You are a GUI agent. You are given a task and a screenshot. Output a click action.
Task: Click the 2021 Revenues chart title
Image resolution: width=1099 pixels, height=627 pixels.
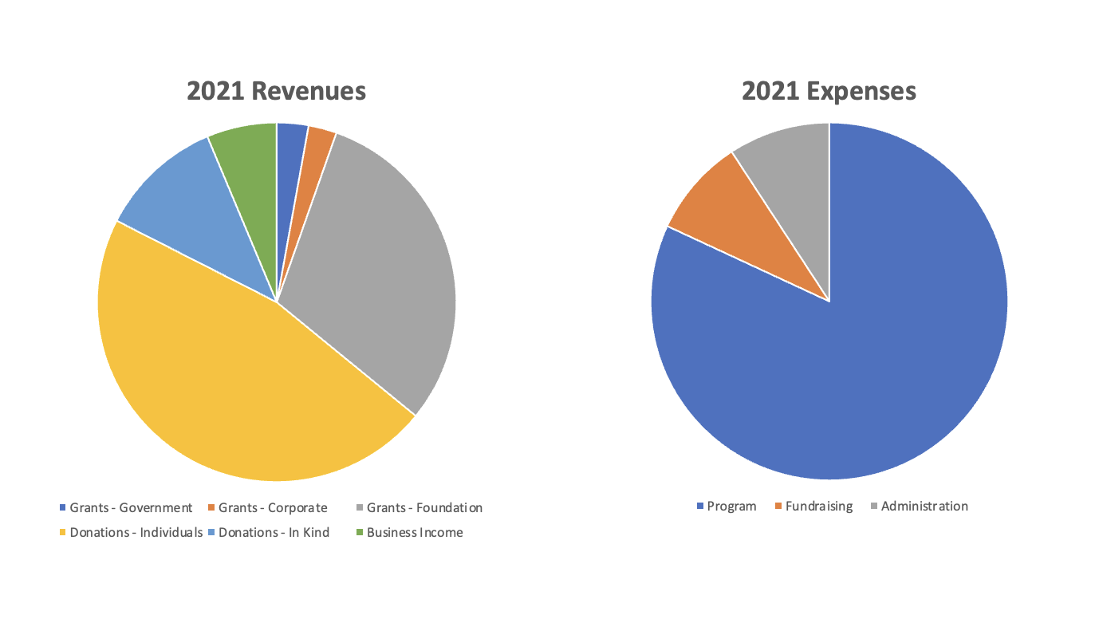click(276, 91)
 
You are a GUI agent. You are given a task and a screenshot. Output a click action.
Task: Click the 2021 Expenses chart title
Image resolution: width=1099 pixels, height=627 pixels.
click(829, 91)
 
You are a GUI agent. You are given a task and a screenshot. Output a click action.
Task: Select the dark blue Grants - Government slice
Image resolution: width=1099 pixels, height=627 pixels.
click(290, 160)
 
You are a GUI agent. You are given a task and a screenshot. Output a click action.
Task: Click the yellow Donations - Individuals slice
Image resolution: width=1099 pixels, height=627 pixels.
click(239, 383)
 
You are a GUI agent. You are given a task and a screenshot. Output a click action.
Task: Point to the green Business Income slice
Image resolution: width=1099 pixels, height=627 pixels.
click(247, 160)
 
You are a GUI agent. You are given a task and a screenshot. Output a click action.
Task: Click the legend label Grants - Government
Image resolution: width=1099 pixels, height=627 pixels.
click(131, 508)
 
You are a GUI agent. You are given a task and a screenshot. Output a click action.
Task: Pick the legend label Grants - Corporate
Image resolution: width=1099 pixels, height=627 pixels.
click(273, 508)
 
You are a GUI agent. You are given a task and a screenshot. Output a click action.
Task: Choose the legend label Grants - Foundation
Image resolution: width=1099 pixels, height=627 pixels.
click(424, 508)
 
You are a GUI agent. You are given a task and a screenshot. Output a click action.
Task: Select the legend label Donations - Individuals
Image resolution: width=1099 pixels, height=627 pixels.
click(136, 533)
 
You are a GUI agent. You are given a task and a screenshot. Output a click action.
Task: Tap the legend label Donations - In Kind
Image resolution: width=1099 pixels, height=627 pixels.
click(274, 533)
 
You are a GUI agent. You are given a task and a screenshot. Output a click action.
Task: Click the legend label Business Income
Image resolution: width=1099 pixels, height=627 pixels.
click(415, 533)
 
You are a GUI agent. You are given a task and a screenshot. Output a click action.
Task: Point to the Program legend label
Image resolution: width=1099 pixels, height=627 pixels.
click(731, 507)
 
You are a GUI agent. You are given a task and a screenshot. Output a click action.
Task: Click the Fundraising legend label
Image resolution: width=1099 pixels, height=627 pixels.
click(818, 507)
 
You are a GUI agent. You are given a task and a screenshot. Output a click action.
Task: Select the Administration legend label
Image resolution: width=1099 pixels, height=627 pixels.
click(924, 507)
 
